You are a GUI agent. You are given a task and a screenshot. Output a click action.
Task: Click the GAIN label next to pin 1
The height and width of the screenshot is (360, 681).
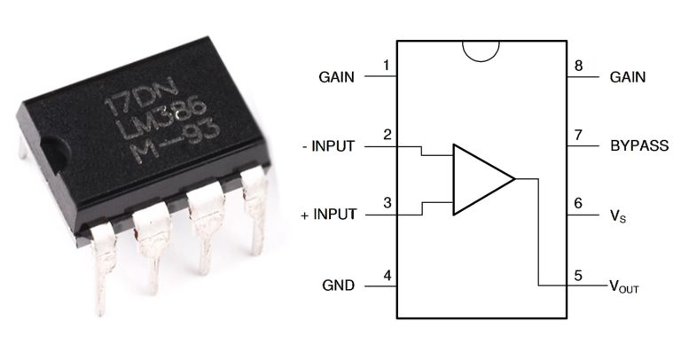(x=336, y=77)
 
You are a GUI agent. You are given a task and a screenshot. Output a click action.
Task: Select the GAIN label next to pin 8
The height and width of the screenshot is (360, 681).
(x=628, y=77)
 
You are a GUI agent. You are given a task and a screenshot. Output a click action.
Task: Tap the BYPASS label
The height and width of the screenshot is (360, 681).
(x=639, y=145)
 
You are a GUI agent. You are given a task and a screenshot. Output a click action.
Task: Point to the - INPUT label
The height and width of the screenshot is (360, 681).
(x=326, y=146)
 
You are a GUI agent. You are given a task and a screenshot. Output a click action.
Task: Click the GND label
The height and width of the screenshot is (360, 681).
(x=337, y=286)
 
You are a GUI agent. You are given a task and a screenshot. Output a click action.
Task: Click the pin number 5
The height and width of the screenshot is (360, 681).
(x=578, y=275)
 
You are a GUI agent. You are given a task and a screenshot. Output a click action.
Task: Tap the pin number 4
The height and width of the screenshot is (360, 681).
(x=387, y=275)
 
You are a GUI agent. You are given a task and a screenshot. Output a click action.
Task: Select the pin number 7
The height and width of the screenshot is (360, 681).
(x=578, y=135)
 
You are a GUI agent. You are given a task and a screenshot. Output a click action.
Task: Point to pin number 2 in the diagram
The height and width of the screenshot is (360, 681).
(x=387, y=135)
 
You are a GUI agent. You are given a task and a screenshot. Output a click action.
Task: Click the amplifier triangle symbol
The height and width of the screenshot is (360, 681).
(x=479, y=179)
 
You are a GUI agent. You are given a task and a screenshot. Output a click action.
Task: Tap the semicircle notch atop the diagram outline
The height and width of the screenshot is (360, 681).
(x=481, y=50)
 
